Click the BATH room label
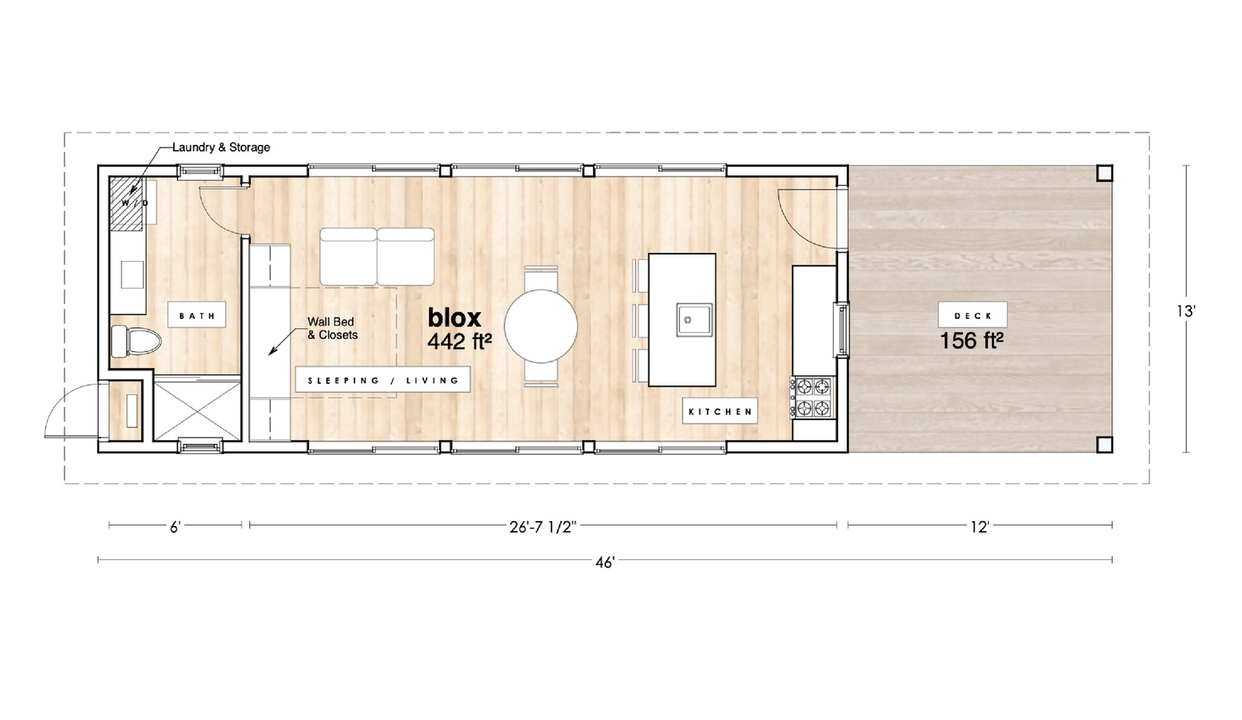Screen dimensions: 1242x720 point(197,315)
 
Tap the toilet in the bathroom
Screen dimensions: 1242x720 point(135,341)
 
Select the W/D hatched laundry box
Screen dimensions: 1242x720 point(127,204)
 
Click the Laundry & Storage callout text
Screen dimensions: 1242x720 point(221,147)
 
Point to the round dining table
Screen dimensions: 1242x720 point(541,326)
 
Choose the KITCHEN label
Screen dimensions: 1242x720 point(720,412)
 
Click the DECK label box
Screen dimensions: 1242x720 point(973,315)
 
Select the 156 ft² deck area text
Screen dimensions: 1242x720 point(971,341)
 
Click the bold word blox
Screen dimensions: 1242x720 point(454,318)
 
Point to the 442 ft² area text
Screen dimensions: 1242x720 point(459,341)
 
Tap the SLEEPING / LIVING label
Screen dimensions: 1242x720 point(383,380)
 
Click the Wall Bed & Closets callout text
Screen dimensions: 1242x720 point(332,328)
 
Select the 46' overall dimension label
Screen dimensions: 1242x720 point(605,563)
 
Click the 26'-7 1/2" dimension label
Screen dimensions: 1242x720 point(543,526)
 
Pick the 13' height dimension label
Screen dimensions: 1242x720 point(1186,312)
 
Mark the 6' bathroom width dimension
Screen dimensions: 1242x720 point(176,527)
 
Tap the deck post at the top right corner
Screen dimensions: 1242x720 point(1105,173)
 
